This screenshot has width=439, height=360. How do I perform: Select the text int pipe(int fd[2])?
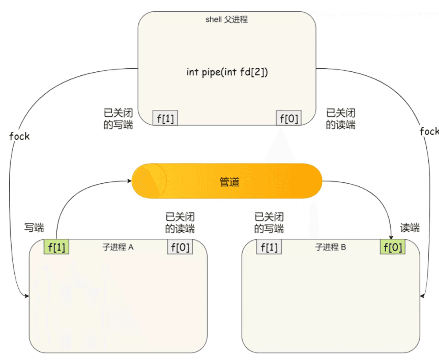[227, 72]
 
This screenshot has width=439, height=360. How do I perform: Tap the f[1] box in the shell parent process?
[165, 119]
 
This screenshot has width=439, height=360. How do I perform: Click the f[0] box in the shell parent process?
[288, 119]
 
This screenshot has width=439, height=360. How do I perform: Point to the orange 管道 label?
[229, 182]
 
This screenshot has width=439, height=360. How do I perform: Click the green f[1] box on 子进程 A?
[57, 247]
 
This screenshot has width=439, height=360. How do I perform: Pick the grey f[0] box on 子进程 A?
[180, 247]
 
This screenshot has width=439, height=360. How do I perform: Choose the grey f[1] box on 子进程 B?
[269, 247]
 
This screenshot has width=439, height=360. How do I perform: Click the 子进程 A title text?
[118, 247]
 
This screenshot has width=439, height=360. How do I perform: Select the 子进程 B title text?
[331, 247]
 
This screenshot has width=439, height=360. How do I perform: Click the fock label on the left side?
[19, 136]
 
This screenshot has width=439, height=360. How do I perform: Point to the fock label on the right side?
[429, 131]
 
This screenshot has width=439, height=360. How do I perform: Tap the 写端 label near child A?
[34, 228]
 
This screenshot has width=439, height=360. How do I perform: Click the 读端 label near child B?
[410, 228]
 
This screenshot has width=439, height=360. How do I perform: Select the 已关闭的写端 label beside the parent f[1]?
[118, 118]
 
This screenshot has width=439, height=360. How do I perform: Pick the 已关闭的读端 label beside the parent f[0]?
[340, 118]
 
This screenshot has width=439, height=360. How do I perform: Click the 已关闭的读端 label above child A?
[180, 223]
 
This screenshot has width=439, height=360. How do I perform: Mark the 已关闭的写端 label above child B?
[269, 223]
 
